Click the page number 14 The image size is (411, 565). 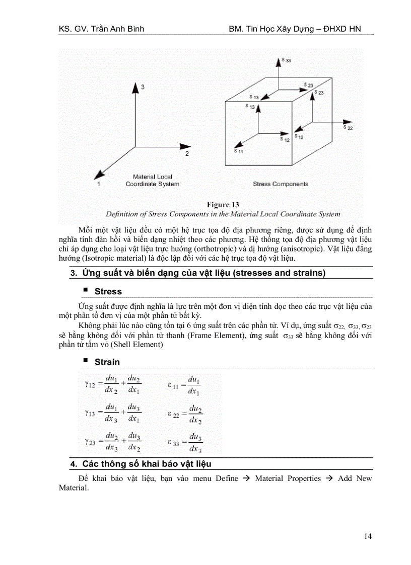coord(367,536)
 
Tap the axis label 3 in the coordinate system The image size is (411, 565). coord(143,87)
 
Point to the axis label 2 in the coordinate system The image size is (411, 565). coord(187,153)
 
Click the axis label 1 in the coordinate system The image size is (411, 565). coord(99,184)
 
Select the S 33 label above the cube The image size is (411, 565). coord(286,60)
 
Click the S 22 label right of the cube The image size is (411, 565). coord(348,127)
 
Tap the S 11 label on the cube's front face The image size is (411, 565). coord(238,151)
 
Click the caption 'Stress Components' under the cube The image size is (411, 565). coord(280,184)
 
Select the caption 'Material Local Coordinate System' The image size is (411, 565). coord(152,180)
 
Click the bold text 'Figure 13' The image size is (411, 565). coord(223,205)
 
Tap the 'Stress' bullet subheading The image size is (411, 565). coord(108,291)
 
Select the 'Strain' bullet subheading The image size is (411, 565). coord(107,362)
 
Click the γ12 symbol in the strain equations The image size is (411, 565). coord(90,384)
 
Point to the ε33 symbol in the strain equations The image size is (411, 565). coord(173,443)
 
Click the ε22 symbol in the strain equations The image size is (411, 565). coord(173,414)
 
